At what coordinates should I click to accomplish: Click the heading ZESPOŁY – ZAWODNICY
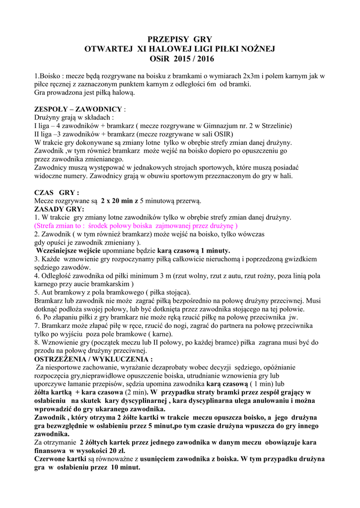(x=78, y=109)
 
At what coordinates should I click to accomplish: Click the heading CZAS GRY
(x=57, y=192)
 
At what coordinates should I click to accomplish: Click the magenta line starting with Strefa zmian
(x=136, y=226)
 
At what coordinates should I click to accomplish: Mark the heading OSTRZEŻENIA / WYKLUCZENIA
(x=93, y=359)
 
